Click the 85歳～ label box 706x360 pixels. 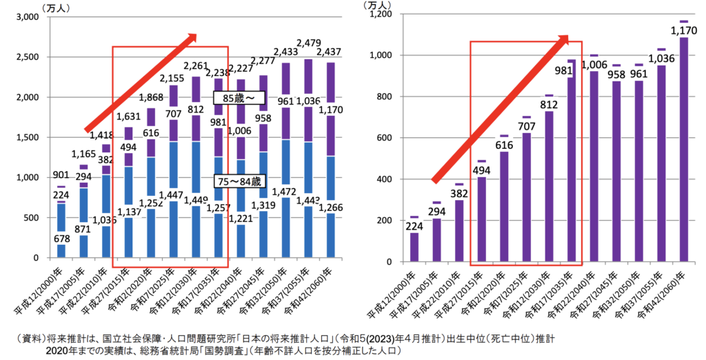click(238, 99)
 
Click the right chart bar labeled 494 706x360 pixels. click(482, 221)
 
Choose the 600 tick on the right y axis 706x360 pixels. click(385, 138)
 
